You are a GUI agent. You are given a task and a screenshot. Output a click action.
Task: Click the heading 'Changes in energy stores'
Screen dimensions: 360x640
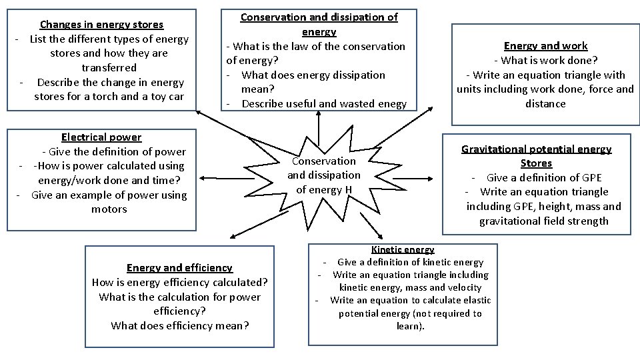[101, 25]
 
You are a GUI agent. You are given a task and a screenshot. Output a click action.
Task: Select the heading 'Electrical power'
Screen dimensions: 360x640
[101, 137]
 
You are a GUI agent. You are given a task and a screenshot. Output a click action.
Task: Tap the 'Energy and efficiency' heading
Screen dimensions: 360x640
[179, 268]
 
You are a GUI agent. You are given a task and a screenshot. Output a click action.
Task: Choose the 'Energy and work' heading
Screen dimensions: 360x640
[545, 46]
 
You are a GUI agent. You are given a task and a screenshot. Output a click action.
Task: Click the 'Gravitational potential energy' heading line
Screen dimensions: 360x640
[536, 149]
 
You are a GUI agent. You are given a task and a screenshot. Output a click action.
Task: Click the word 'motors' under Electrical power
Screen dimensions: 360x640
[109, 209]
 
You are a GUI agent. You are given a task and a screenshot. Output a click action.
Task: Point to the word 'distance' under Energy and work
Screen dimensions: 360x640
[545, 104]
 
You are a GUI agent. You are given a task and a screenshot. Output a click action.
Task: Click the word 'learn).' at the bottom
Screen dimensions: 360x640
[410, 326]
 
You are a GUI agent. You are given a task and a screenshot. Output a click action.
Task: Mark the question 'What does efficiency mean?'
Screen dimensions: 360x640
[179, 326]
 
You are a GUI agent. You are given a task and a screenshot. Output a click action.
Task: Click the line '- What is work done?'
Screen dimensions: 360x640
[545, 61]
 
